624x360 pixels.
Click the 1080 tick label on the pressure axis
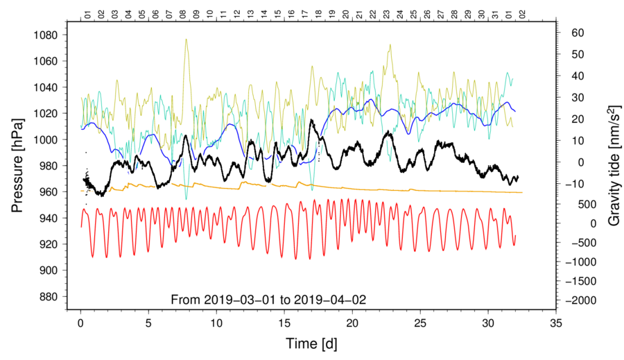click(53, 35)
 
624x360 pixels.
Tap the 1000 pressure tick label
click(53, 139)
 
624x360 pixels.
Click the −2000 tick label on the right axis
click(580, 300)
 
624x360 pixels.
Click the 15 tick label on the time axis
click(284, 323)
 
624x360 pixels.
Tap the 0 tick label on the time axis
click(81, 323)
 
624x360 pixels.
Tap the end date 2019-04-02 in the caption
click(331, 300)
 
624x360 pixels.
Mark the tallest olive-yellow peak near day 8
click(186, 40)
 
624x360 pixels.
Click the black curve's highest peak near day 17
click(312, 120)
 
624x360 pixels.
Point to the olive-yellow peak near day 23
click(390, 45)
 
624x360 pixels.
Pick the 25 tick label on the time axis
click(420, 323)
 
